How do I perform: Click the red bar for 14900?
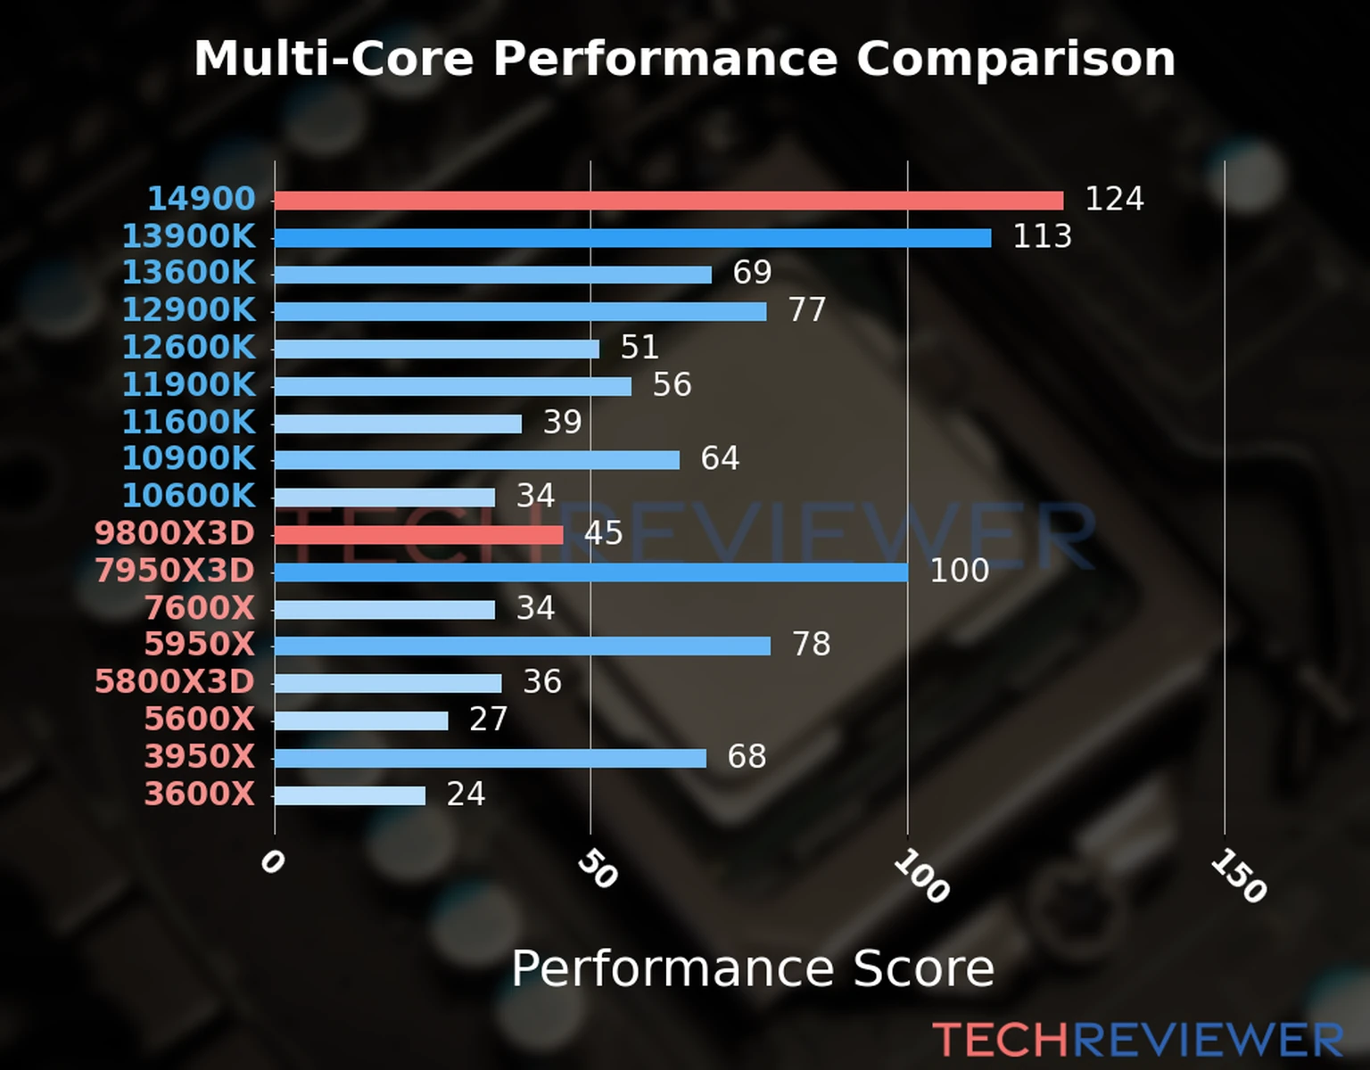click(669, 201)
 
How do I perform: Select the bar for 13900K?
click(633, 238)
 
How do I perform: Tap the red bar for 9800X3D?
click(419, 535)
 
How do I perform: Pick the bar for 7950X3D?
click(591, 572)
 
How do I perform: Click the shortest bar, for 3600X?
click(350, 795)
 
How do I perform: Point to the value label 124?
click(1114, 199)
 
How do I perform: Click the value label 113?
click(1042, 236)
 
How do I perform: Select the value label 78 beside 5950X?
click(811, 644)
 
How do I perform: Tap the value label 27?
click(488, 719)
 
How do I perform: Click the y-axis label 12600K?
click(189, 347)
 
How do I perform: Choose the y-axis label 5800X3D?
click(175, 681)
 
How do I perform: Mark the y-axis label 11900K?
click(189, 384)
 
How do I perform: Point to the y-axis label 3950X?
click(200, 756)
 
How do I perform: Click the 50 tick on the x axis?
click(597, 869)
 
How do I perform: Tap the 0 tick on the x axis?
click(272, 862)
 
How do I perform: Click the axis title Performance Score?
click(752, 968)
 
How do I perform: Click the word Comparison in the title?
click(1015, 59)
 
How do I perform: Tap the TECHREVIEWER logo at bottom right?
click(1137, 1040)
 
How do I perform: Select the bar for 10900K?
click(477, 460)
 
